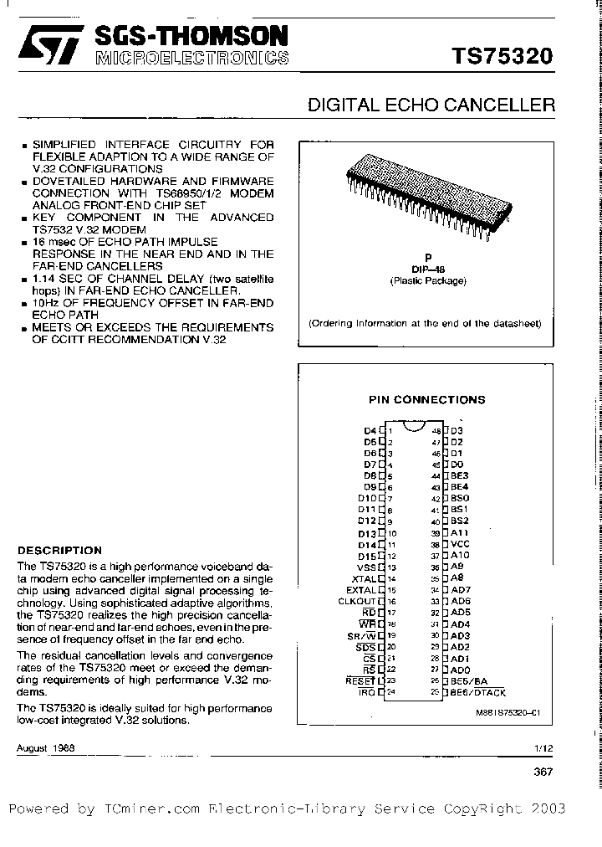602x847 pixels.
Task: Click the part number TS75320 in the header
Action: [502, 56]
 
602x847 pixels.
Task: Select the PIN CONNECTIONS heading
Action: [426, 400]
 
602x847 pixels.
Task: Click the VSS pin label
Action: [366, 567]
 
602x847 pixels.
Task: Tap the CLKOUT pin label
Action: [357, 601]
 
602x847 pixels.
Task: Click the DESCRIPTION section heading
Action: [59, 551]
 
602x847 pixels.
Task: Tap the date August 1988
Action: [45, 747]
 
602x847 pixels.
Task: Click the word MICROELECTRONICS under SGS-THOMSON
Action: [192, 59]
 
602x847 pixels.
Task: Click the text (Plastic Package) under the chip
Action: [427, 281]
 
